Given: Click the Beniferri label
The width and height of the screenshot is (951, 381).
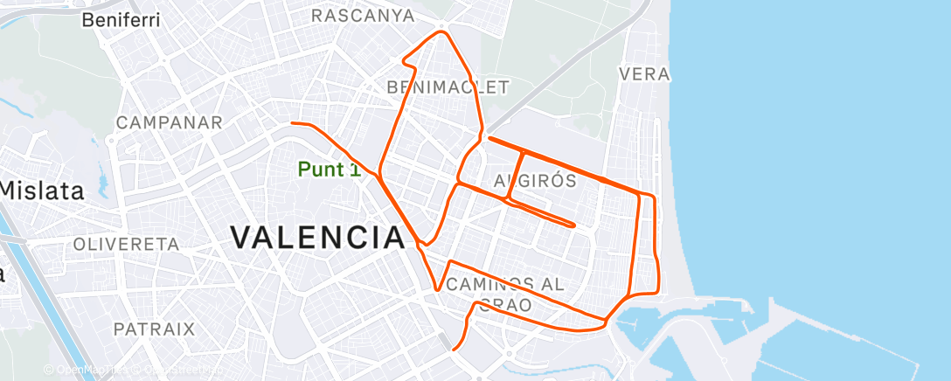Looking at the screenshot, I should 121,20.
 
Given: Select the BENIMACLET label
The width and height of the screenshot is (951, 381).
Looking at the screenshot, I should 448,87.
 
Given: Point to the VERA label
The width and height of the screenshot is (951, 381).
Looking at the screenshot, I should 644,74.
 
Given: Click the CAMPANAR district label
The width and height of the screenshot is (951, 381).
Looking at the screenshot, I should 170,122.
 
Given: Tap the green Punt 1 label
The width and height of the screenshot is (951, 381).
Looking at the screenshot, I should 330,170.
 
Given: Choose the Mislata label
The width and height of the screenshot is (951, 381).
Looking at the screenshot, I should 41,190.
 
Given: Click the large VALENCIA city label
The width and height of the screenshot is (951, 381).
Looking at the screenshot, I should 318,237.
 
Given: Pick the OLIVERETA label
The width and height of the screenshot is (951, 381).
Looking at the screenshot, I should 127,244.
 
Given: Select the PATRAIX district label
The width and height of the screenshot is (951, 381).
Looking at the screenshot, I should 154,329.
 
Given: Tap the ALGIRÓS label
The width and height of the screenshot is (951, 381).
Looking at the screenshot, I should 535,181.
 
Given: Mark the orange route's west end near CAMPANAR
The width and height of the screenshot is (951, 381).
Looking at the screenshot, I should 292,124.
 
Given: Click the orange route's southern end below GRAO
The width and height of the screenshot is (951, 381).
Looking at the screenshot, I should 454,350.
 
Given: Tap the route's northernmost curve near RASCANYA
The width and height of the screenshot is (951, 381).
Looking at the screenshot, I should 441,32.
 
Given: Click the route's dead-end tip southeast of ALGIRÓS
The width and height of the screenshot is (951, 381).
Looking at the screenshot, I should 573,225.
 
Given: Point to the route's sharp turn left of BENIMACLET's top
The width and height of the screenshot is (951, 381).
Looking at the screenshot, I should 403,61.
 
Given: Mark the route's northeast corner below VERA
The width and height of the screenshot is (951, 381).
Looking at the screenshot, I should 652,194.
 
